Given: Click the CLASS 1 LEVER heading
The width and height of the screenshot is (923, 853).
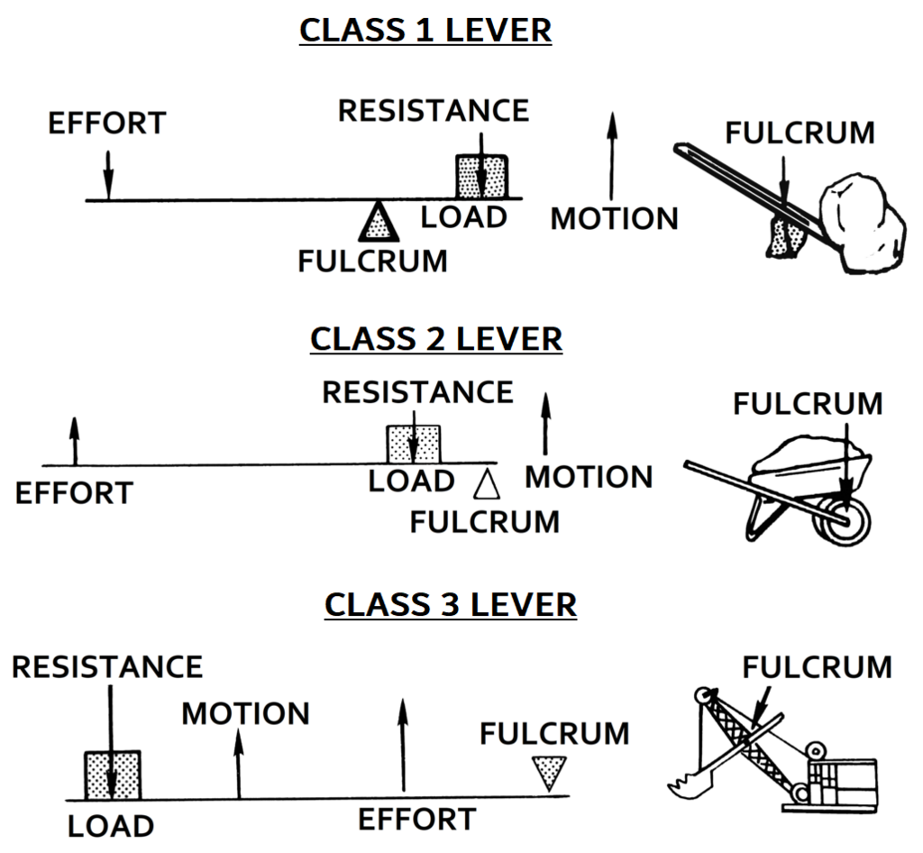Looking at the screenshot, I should click(425, 30).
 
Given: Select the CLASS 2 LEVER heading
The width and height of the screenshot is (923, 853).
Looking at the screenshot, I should click(436, 339).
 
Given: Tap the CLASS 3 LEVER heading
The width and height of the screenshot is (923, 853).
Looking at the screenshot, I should click(450, 604).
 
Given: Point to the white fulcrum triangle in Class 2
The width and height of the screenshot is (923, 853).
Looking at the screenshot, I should click(487, 484).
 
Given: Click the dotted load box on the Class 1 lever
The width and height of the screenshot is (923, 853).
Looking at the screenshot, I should click(481, 176).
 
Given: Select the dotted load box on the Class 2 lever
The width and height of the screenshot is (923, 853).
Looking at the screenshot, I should click(413, 445).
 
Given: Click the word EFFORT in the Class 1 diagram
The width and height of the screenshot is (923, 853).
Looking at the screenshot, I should click(106, 124).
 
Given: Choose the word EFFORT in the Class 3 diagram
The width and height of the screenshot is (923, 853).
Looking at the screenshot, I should click(416, 820).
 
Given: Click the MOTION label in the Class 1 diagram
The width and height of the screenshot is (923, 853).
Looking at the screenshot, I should click(614, 218).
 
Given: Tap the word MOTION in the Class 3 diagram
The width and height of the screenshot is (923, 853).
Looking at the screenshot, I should click(245, 714).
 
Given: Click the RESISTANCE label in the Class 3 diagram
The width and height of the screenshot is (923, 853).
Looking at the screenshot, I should click(107, 667).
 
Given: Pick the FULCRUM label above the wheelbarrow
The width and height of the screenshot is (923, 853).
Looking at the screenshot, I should click(808, 404).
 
